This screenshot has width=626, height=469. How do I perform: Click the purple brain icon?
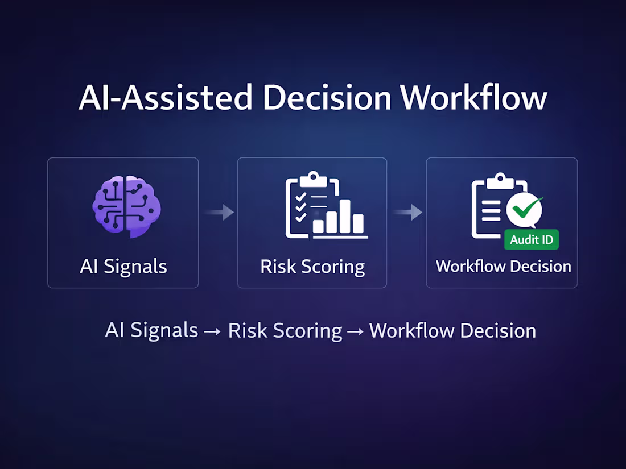click(126, 206)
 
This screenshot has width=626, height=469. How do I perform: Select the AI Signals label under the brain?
click(123, 266)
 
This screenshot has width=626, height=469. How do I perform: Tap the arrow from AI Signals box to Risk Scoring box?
click(219, 213)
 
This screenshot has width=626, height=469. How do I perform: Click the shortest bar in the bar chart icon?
click(319, 226)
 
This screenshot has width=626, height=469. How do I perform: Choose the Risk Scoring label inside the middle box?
click(312, 267)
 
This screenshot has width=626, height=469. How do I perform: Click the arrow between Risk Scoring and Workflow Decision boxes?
click(407, 213)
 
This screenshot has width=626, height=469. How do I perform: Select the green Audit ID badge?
click(532, 239)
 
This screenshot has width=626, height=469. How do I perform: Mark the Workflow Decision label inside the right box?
click(503, 266)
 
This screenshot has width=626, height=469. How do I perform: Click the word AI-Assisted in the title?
click(165, 98)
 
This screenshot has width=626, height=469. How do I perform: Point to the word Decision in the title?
click(327, 98)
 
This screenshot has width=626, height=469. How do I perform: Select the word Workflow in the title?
click(473, 98)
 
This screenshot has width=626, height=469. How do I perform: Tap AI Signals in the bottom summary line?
click(151, 330)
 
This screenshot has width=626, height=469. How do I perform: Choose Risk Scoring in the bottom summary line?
click(285, 330)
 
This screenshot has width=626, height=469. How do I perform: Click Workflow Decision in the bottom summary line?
click(452, 330)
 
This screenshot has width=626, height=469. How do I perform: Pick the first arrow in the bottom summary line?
click(212, 331)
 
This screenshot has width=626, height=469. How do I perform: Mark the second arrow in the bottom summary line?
click(356, 331)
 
